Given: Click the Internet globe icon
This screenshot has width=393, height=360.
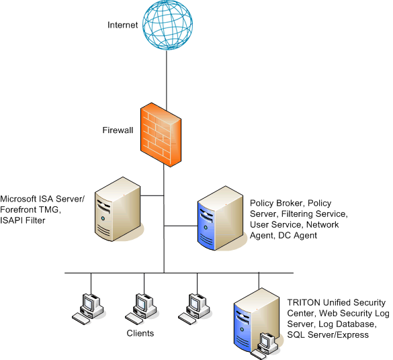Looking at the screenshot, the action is (x=167, y=25).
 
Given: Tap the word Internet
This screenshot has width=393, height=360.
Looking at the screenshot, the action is (x=122, y=25).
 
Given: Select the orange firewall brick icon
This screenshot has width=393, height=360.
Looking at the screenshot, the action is (x=161, y=134).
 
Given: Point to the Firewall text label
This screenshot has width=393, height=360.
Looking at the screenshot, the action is (x=118, y=130).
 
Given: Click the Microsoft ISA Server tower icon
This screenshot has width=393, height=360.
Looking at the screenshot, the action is (x=118, y=209).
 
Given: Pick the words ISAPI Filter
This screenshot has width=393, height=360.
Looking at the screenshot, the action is (x=23, y=220).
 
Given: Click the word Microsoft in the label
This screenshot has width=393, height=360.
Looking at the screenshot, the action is (x=18, y=199).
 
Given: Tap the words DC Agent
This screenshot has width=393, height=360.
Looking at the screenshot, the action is (x=298, y=236).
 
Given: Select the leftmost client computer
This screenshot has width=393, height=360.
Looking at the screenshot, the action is (x=88, y=310).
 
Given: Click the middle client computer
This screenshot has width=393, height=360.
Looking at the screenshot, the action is (x=141, y=310).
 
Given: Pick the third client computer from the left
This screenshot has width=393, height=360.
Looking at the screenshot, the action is (x=194, y=310).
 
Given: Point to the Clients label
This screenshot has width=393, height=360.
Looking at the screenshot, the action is (x=140, y=333).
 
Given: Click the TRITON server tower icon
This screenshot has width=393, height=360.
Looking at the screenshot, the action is (x=257, y=320).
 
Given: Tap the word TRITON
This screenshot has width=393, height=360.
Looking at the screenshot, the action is (x=304, y=303).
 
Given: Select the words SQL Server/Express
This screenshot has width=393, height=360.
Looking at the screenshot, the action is (x=328, y=335).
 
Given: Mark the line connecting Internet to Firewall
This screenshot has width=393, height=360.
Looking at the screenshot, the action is (x=167, y=79).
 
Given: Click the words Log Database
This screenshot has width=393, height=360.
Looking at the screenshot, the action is (x=347, y=324).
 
